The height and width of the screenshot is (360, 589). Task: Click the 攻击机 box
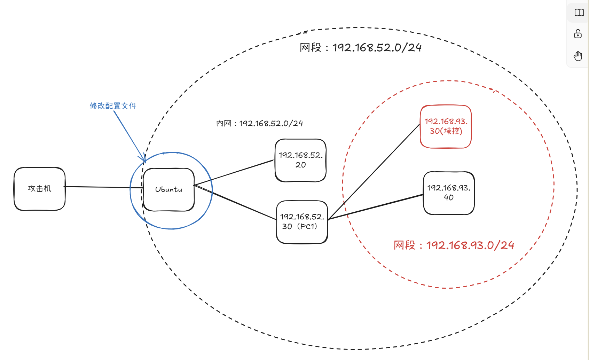coord(39,189)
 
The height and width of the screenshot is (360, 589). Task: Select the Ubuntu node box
coord(168,189)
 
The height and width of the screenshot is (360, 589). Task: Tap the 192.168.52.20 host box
coord(300,160)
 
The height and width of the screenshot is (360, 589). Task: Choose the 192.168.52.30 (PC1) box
coord(302,222)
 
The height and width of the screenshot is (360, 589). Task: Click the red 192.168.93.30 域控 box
coord(446,126)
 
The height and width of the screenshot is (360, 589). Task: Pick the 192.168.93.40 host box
coord(449,193)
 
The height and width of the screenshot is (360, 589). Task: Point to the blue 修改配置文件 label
coord(113,106)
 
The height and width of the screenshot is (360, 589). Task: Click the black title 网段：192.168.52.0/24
coord(360,47)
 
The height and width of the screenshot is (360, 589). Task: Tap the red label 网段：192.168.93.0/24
coord(454,245)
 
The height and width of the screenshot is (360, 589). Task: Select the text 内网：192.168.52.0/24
coord(259,123)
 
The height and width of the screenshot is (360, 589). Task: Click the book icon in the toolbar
coord(579,13)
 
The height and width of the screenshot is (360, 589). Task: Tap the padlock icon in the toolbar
coord(578,34)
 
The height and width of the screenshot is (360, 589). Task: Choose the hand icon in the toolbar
coord(578,56)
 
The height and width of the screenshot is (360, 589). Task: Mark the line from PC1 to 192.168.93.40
coord(376,207)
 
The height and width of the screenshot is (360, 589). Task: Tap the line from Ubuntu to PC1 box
coord(244,205)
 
